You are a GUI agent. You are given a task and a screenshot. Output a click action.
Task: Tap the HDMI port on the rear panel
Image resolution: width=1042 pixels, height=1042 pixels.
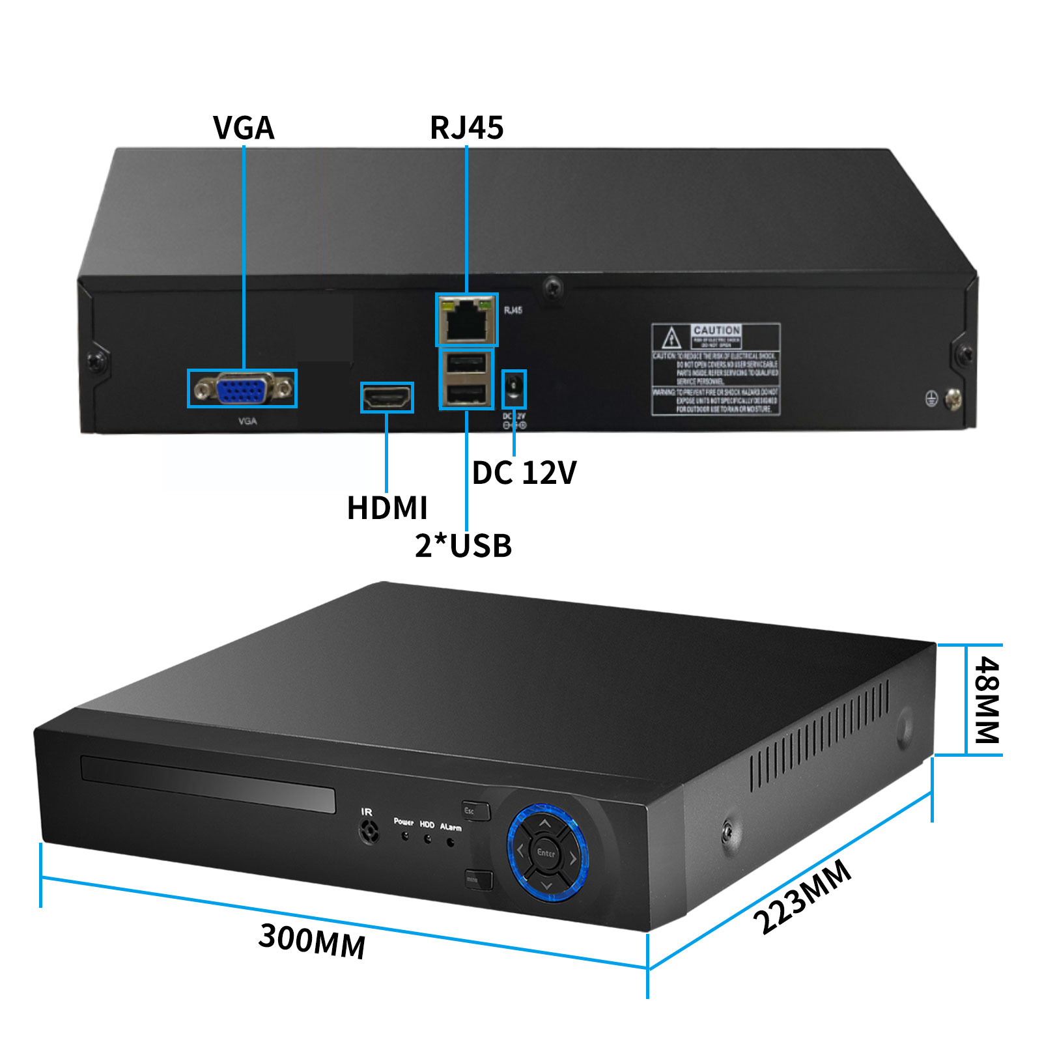pyautogui.click(x=387, y=397)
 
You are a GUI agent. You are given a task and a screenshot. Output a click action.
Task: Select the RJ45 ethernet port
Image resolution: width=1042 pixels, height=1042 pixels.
pyautogui.click(x=465, y=320)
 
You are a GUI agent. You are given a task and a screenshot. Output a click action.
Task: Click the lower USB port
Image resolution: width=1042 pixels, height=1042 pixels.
pyautogui.click(x=466, y=393)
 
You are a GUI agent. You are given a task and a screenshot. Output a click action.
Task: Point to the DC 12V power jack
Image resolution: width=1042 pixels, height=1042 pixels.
pyautogui.click(x=514, y=389)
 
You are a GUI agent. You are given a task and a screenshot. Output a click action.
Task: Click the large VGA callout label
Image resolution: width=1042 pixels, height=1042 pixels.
pyautogui.click(x=244, y=128)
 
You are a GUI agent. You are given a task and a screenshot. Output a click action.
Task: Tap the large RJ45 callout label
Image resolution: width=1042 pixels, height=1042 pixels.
pyautogui.click(x=466, y=128)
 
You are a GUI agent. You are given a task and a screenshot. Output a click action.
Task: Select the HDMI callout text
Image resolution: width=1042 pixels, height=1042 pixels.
pyautogui.click(x=387, y=508)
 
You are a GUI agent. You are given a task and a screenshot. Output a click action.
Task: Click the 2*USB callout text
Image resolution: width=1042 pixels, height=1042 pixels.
pyautogui.click(x=463, y=546)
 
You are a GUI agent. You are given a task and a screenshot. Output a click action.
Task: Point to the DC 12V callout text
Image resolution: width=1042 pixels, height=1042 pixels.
pyautogui.click(x=524, y=473)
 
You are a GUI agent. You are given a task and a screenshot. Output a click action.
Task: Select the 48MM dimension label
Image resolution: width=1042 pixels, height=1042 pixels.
pyautogui.click(x=986, y=699)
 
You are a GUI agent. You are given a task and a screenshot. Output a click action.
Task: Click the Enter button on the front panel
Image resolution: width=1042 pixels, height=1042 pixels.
pyautogui.click(x=546, y=852)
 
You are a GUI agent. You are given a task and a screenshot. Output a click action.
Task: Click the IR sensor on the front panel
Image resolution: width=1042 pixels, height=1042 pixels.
pyautogui.click(x=369, y=832)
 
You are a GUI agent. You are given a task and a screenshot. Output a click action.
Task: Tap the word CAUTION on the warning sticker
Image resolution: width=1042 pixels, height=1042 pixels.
pyautogui.click(x=716, y=330)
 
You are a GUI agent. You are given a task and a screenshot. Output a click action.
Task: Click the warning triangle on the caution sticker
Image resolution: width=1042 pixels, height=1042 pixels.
pyautogui.click(x=671, y=339)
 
